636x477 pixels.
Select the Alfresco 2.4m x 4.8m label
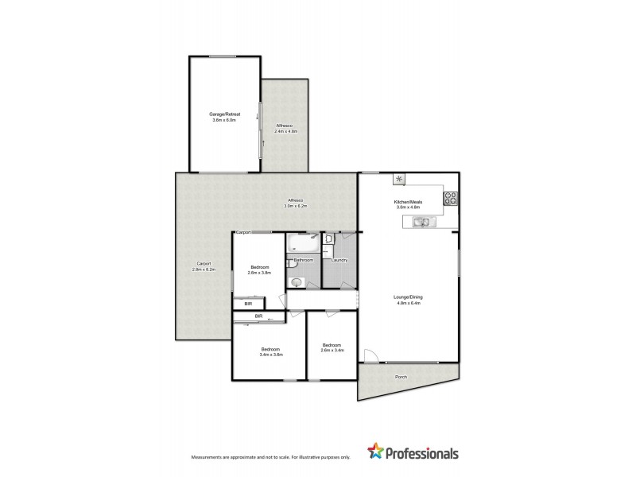point(285,129)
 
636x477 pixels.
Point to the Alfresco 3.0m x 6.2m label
point(295,204)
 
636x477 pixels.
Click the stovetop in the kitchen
point(450,198)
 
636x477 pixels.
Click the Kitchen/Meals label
point(407,204)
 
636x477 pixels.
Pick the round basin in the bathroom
point(297,281)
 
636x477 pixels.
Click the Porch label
point(401,377)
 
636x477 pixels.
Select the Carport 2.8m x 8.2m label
point(204,267)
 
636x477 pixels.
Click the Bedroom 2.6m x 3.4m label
point(332,347)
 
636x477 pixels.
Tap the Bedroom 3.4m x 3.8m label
point(271,352)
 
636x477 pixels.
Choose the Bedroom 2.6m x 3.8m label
point(260,270)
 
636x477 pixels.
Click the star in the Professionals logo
point(376,453)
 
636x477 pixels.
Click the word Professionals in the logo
point(423,454)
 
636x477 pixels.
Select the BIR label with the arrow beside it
point(258,317)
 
